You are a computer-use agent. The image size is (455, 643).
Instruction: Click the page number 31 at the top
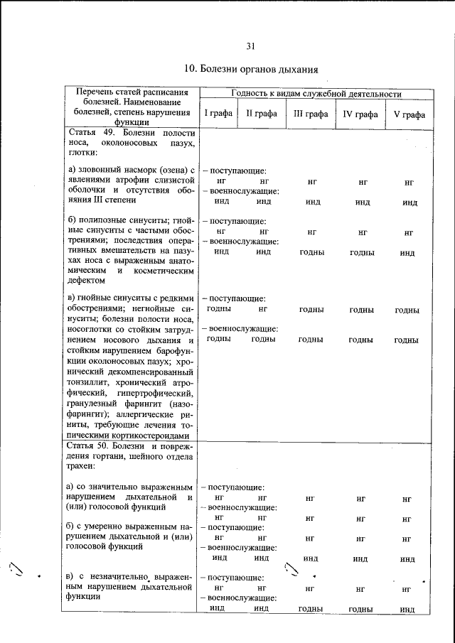pyautogui.click(x=250, y=47)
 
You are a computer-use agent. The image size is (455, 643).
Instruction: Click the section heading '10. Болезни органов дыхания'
pyautogui.click(x=250, y=70)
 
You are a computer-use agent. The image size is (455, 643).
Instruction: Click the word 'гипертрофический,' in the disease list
pyautogui.click(x=149, y=392)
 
